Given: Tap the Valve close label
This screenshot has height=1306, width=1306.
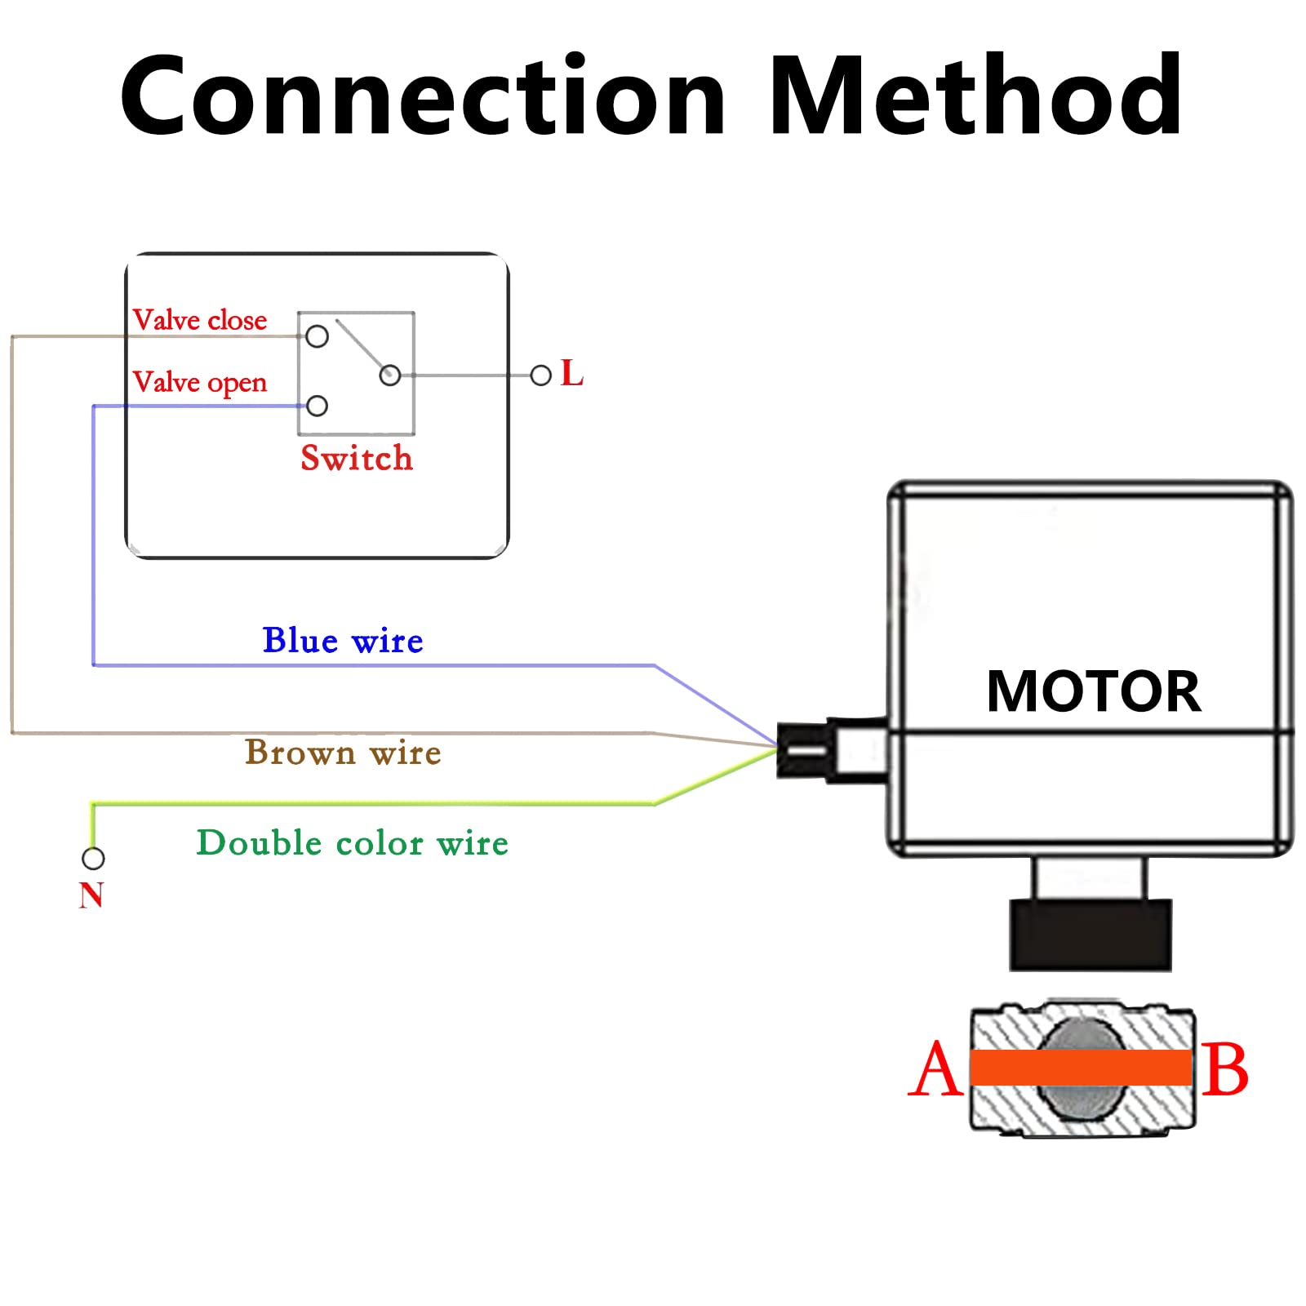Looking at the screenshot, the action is click(200, 320).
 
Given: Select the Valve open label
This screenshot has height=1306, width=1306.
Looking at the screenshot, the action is click(200, 383).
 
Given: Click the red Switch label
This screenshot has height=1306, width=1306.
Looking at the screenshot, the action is click(357, 458).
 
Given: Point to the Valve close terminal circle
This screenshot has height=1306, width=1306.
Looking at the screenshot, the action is click(317, 336).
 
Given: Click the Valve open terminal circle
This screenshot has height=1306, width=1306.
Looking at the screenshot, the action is click(317, 406).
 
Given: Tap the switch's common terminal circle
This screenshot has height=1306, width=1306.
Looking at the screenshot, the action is click(390, 375).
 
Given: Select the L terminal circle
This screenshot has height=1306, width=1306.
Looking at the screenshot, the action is click(540, 375).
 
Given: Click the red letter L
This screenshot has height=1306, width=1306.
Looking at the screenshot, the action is click(572, 373).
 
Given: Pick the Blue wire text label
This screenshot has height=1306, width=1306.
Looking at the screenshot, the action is click(343, 641).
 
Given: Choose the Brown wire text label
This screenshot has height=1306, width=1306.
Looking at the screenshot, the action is click(343, 752).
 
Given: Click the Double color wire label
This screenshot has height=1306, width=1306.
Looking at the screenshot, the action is click(353, 842).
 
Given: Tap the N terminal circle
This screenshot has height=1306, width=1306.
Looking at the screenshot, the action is click(93, 859).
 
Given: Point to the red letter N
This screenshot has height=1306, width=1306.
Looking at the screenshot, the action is click(91, 895).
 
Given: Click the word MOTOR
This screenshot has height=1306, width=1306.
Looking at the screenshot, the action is click(1094, 691).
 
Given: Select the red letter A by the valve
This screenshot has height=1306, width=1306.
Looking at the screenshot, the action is click(935, 1068).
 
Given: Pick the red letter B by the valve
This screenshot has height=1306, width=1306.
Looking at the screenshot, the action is click(1225, 1069).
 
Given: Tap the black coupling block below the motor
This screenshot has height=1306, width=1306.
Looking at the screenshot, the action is click(1091, 935).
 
